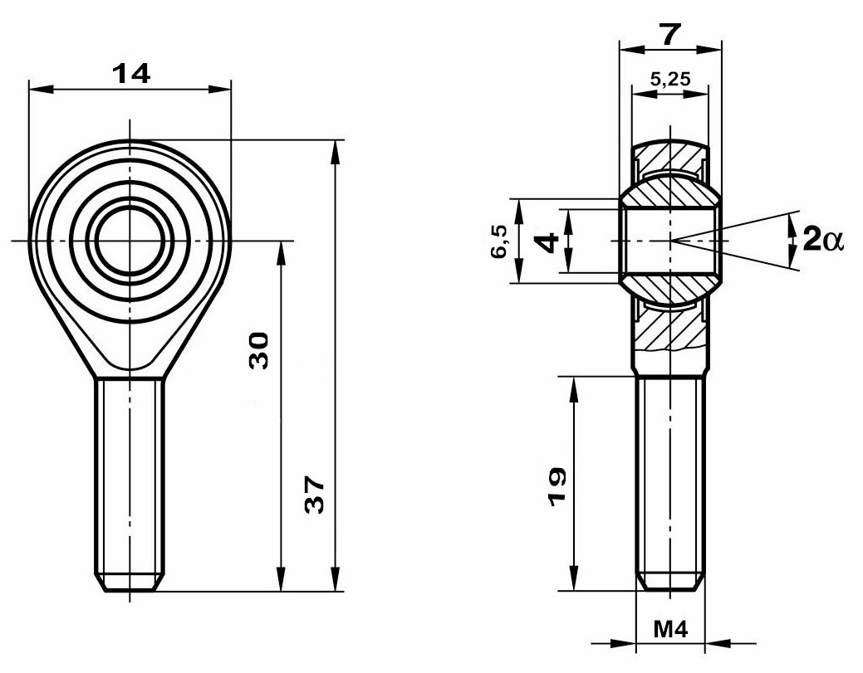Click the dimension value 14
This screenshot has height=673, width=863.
131,74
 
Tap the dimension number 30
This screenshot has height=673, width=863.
259,350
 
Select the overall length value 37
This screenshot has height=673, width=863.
316,495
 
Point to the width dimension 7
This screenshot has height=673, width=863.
670,35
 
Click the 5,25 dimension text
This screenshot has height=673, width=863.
669,79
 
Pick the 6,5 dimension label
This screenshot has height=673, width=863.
499,241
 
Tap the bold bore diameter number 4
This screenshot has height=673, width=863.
547,241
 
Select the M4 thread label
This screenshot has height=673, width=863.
670,629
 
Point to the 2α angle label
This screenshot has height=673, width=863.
823,240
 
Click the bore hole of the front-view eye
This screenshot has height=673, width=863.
130,241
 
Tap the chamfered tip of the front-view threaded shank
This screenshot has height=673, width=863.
130,583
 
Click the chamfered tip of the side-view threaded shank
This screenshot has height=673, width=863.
669,583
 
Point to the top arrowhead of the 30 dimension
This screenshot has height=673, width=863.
281,253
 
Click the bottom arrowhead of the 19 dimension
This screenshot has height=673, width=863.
574,578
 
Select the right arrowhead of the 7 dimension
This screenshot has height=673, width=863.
709,49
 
